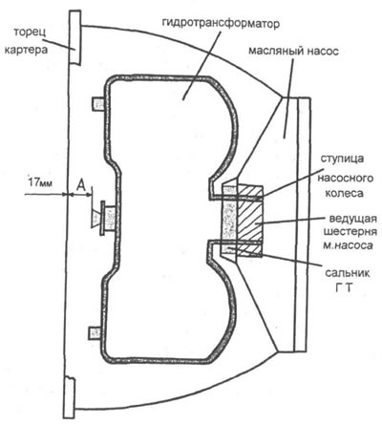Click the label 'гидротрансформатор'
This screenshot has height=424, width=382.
221,23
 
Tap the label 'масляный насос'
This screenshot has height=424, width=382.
293,52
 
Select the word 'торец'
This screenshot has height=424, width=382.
31,32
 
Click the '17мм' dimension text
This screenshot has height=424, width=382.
41,183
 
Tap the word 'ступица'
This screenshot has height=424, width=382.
342,159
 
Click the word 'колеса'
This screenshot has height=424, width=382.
344,193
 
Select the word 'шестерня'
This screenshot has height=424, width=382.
350,232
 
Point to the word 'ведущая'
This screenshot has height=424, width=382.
352,219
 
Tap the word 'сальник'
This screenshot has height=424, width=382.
348,273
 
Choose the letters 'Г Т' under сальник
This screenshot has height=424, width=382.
345,287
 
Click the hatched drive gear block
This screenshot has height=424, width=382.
250,221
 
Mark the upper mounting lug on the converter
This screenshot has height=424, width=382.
98,104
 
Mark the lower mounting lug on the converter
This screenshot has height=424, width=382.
95,333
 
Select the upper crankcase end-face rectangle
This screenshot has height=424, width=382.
75,37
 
